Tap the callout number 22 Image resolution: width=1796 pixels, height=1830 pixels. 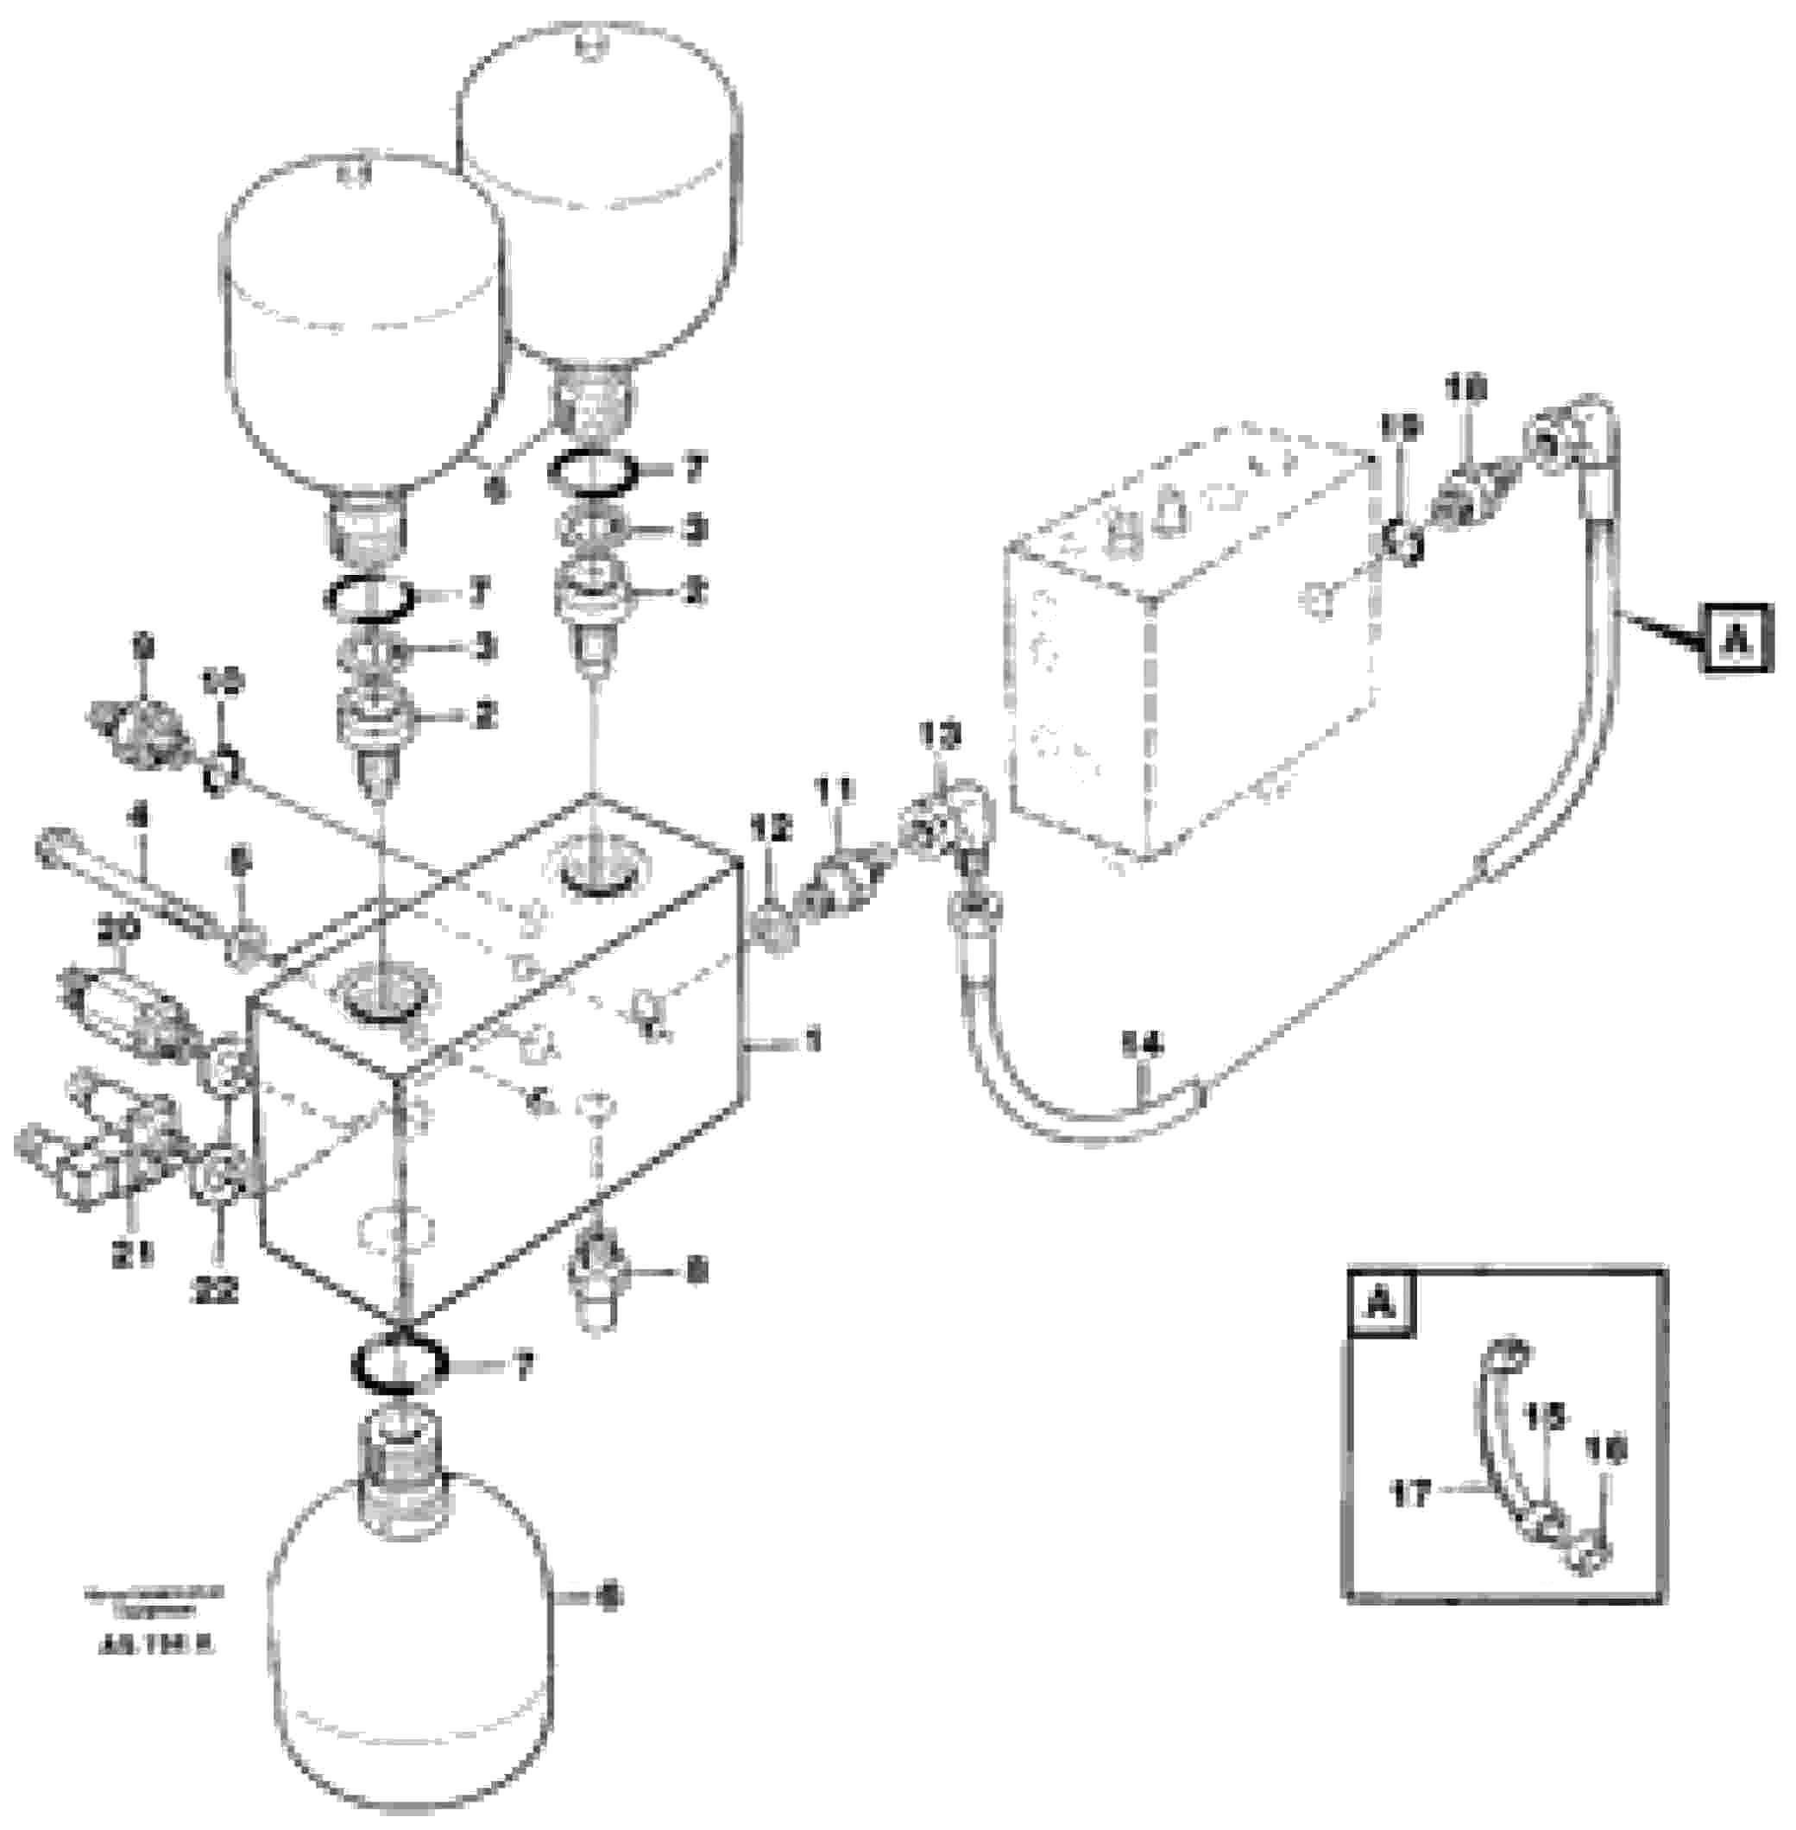pyautogui.click(x=217, y=1290)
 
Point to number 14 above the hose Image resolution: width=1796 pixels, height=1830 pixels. pyautogui.click(x=1144, y=1045)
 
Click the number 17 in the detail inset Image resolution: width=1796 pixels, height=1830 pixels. pyautogui.click(x=1411, y=1493)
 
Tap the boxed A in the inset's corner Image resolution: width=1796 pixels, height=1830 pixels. pyautogui.click(x=1381, y=1305)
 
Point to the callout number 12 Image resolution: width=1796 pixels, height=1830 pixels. pyautogui.click(x=770, y=830)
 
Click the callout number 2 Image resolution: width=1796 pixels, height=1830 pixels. pyautogui.click(x=485, y=714)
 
